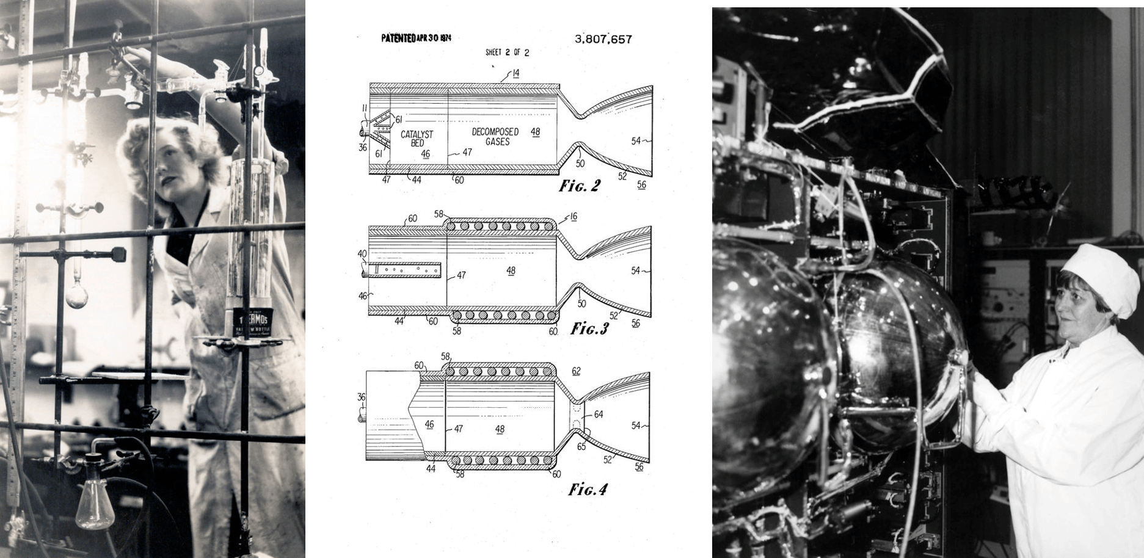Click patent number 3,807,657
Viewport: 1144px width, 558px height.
pyautogui.click(x=603, y=40)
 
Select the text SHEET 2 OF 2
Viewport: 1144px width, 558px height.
pyautogui.click(x=507, y=53)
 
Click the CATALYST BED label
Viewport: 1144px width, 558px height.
pyautogui.click(x=417, y=139)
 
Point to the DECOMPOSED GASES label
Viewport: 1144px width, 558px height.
pyautogui.click(x=495, y=136)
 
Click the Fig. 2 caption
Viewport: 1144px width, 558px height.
pyautogui.click(x=579, y=186)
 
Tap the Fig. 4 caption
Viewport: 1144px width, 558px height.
pyautogui.click(x=588, y=490)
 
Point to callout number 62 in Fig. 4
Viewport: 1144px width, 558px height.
pyautogui.click(x=576, y=371)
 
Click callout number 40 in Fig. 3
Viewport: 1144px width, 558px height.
pyautogui.click(x=362, y=253)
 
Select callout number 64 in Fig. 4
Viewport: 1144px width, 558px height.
pyautogui.click(x=598, y=415)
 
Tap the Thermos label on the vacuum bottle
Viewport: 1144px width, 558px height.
pyautogui.click(x=252, y=321)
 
